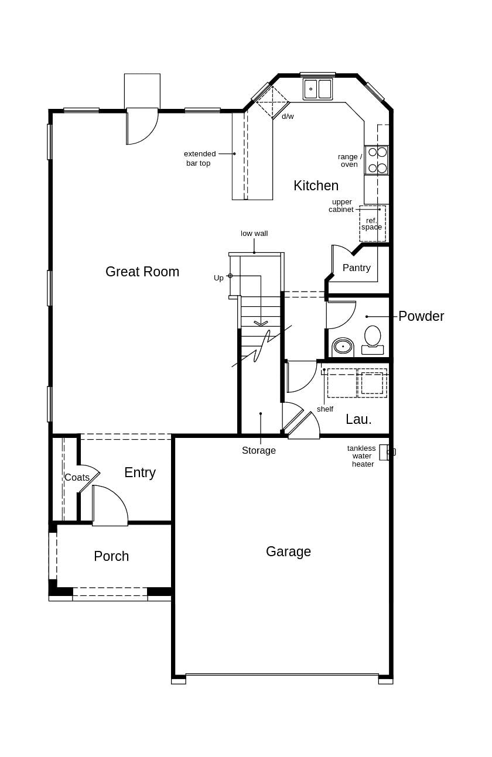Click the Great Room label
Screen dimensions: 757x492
point(142,272)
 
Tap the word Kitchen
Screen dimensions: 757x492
point(316,186)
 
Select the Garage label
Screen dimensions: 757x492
point(288,552)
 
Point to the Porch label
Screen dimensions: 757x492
point(111,556)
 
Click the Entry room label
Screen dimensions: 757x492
point(140,472)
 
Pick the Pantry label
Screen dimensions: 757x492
point(356,268)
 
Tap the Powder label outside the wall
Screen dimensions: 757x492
point(421,316)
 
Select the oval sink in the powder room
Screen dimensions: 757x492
point(343,347)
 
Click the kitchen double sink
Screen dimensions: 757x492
point(317,89)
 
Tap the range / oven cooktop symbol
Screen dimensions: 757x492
point(377,160)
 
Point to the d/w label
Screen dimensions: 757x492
point(288,116)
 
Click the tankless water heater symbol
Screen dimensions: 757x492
point(385,452)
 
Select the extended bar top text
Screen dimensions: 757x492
point(199,158)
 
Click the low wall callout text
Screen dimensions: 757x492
point(254,233)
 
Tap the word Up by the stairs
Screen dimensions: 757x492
point(218,278)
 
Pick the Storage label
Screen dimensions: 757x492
point(259,450)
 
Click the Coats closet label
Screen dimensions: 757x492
point(77,477)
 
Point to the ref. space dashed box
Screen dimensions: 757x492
point(372,224)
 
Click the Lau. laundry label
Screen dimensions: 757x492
point(358,419)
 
